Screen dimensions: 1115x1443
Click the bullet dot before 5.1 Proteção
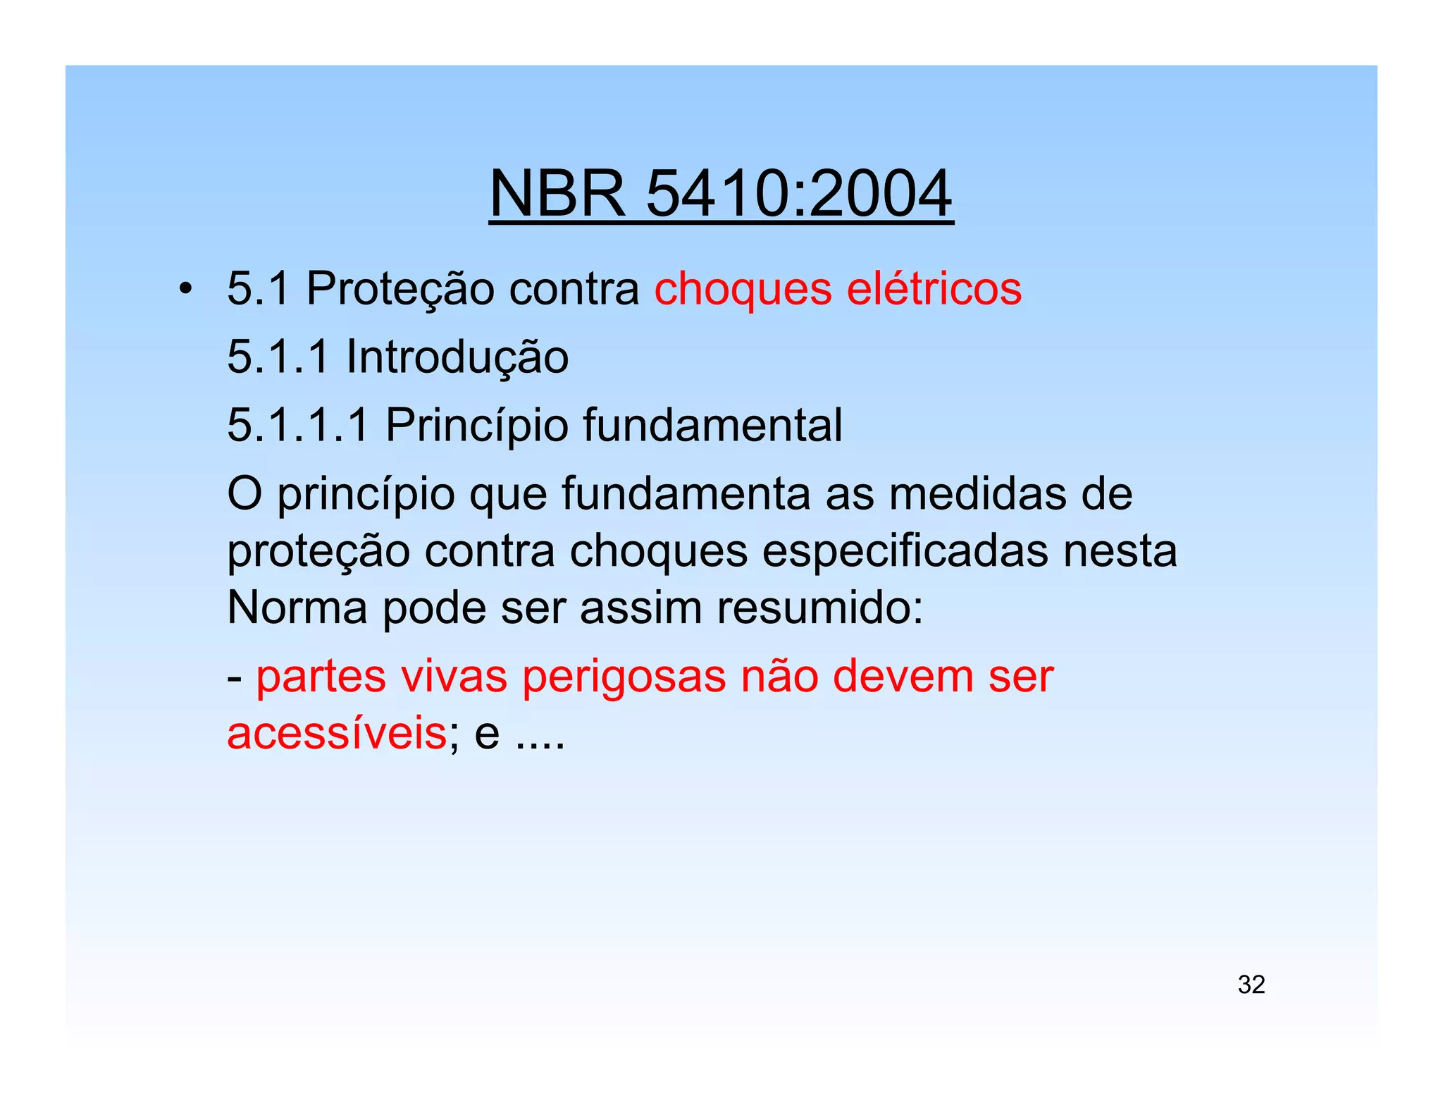pos(185,289)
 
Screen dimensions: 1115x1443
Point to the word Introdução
pos(457,357)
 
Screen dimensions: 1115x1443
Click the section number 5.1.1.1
pos(298,425)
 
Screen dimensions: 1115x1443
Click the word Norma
pos(297,608)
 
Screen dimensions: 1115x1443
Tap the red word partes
pos(321,677)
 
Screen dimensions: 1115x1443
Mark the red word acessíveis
pos(337,733)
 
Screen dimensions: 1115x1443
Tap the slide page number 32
pos(1251,985)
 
